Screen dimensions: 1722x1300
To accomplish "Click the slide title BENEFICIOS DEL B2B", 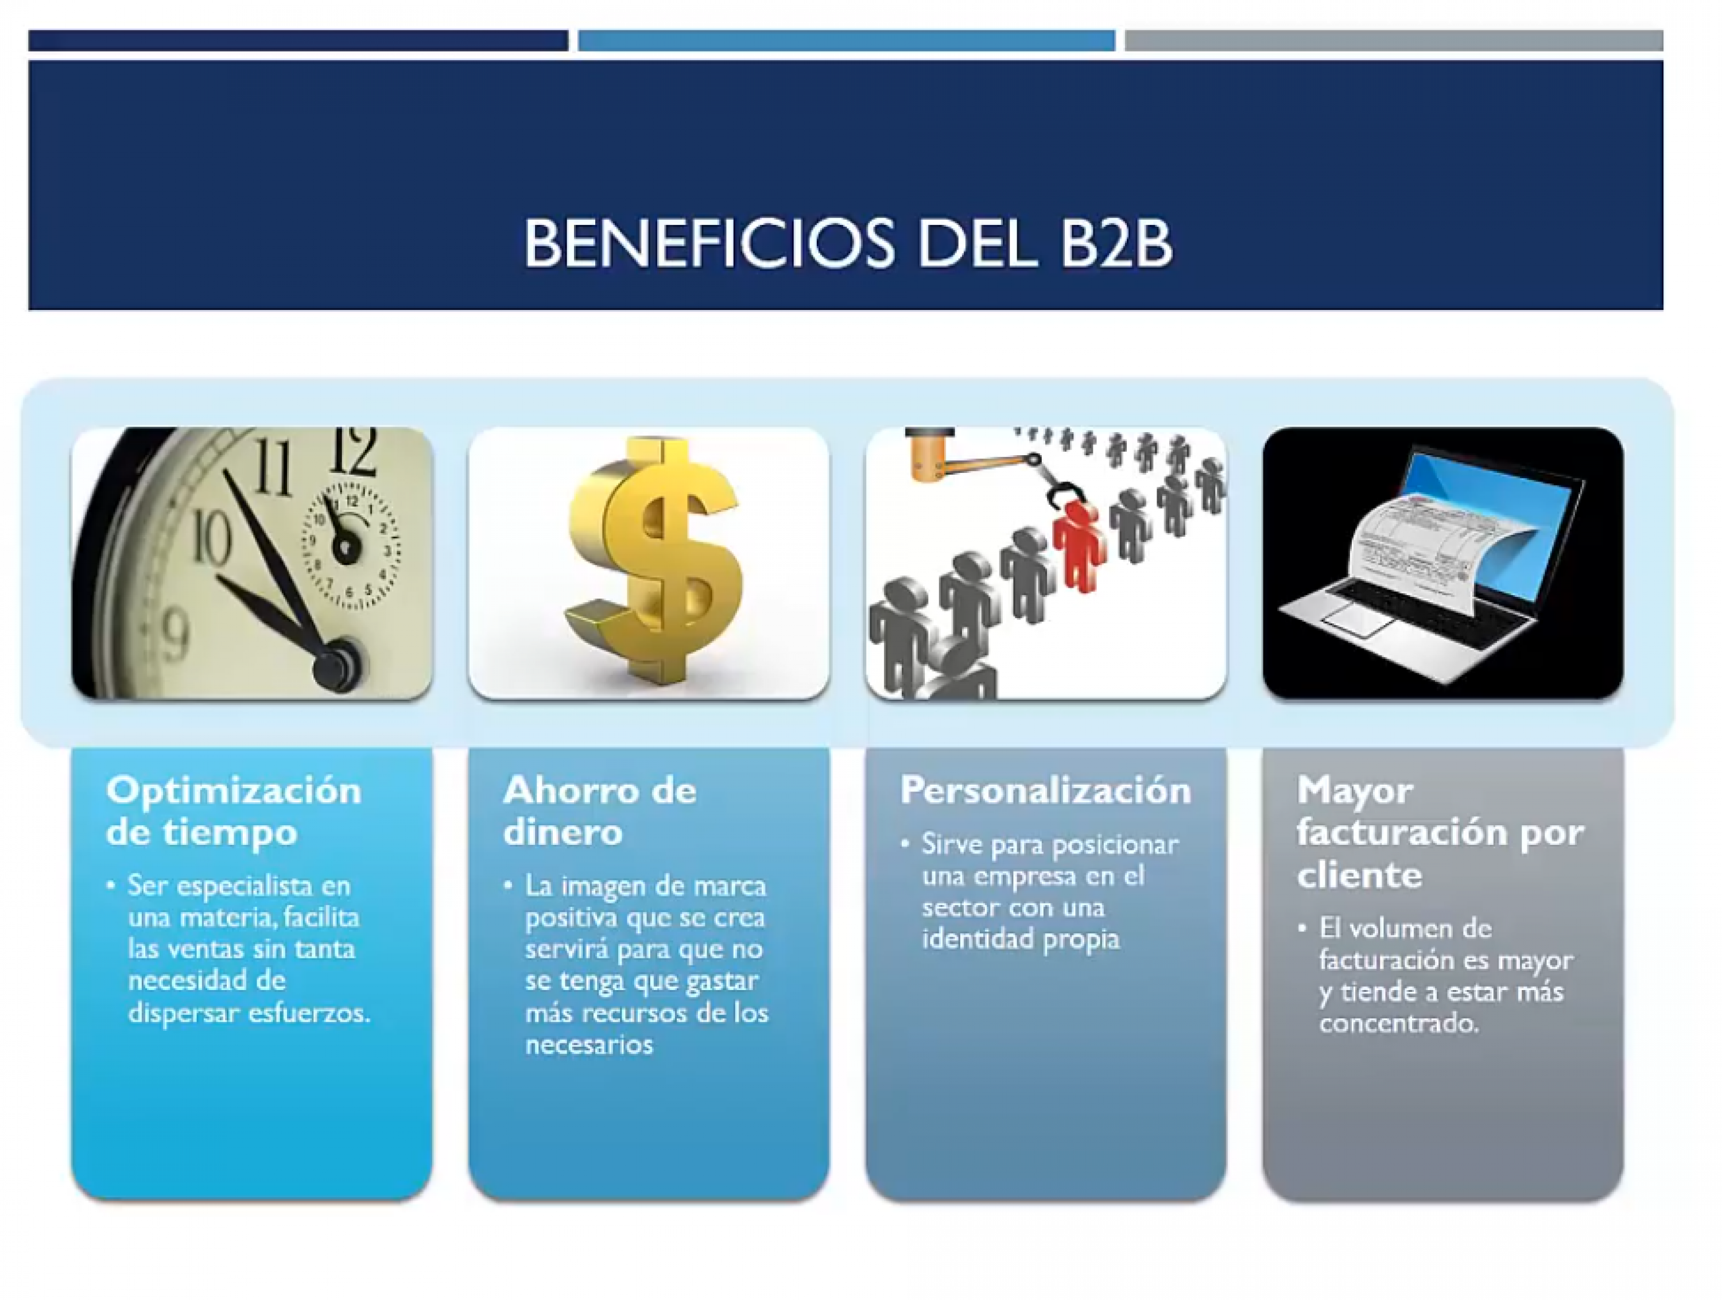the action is pos(847,242).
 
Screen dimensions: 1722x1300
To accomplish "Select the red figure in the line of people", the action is pos(1077,545).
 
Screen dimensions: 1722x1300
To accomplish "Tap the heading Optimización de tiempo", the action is pos(234,811).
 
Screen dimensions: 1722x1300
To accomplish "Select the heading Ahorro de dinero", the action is pos(599,811).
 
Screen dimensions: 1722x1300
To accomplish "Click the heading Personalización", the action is pos(1045,790).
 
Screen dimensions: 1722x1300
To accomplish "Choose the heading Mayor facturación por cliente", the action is pos(1440,832).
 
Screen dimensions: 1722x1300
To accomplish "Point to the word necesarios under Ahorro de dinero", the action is pos(589,1045).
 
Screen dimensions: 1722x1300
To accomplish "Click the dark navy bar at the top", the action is pos(298,41).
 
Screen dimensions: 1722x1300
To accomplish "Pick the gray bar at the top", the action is pos(1394,41).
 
